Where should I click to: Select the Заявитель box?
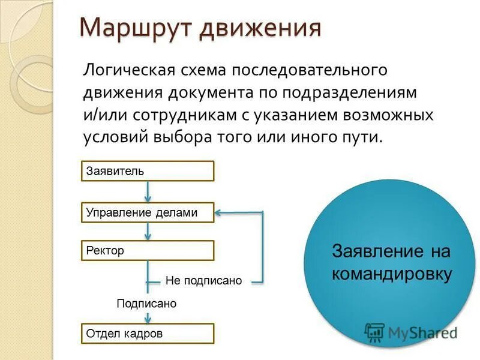148,171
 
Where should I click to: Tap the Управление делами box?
148,212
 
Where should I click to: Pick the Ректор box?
148,250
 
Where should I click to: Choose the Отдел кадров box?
148,333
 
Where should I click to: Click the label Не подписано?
203,281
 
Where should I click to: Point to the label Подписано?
146,304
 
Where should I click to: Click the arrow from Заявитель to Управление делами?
148,192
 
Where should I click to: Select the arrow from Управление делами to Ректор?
148,232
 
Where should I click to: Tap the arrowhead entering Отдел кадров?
148,320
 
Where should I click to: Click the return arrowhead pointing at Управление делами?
220,212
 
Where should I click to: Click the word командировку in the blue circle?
391,274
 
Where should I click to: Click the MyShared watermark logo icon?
374,332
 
